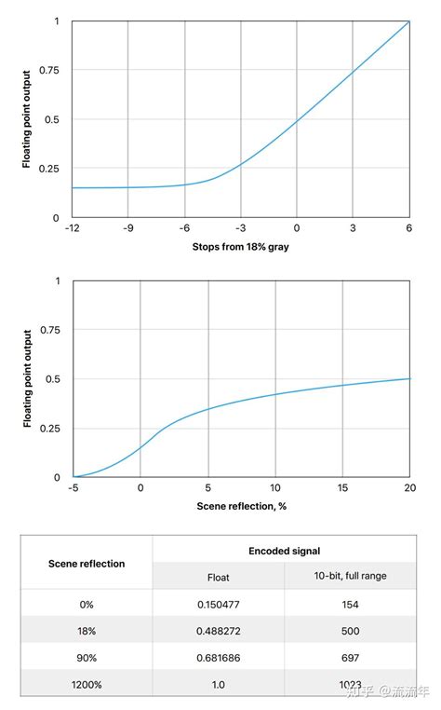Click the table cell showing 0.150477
pos(218,603)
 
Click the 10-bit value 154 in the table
pos(351,603)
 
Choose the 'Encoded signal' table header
pos(285,550)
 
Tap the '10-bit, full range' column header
pos(351,576)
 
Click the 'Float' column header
pos(218,576)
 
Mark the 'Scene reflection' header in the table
pos(87,563)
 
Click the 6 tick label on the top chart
pos(409,227)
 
